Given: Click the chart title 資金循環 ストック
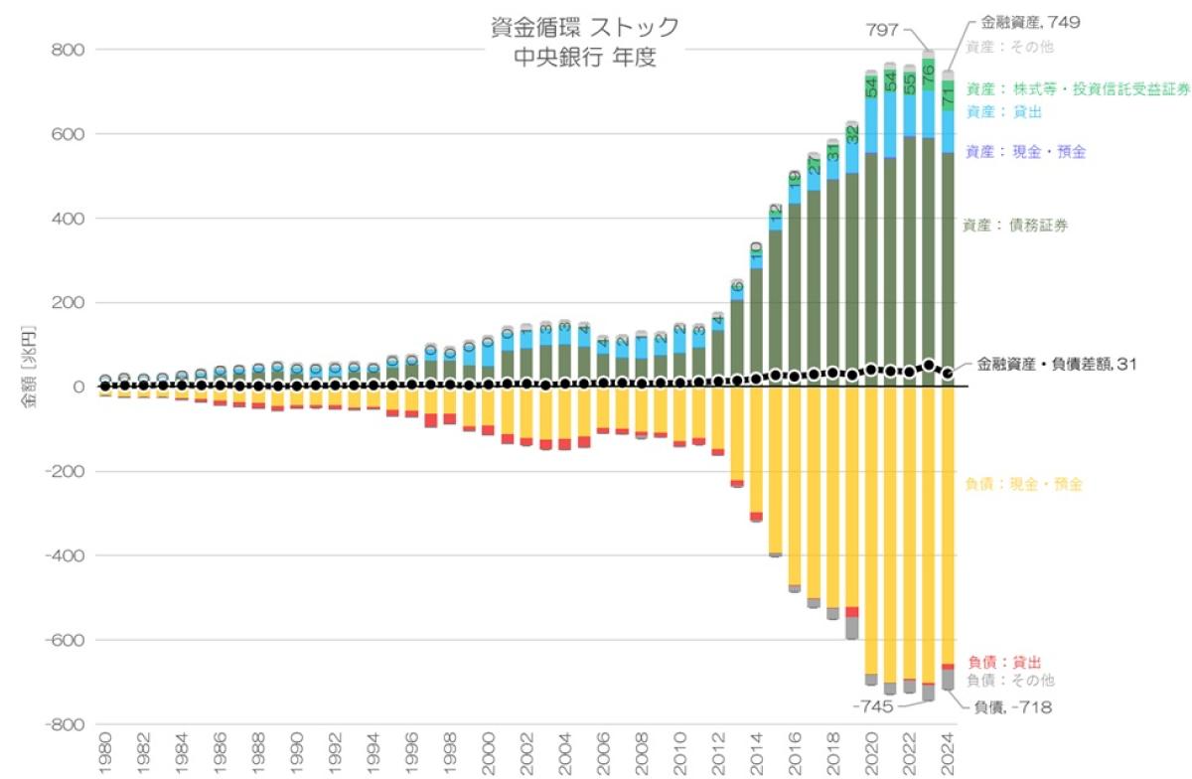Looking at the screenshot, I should pyautogui.click(x=586, y=27).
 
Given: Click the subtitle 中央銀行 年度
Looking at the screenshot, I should pyautogui.click(x=586, y=58).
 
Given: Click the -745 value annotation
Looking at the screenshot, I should pyautogui.click(x=874, y=706).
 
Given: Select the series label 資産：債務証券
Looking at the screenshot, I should pyautogui.click(x=1015, y=226).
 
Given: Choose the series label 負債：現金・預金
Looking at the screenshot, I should pyautogui.click(x=1023, y=485).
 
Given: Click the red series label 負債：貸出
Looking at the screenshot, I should pyautogui.click(x=1004, y=662).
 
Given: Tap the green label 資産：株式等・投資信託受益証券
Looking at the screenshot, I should pyautogui.click(x=1077, y=88).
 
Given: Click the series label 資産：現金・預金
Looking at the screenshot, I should pyautogui.click(x=1025, y=152).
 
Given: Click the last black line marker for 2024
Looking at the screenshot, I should pyautogui.click(x=948, y=374).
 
